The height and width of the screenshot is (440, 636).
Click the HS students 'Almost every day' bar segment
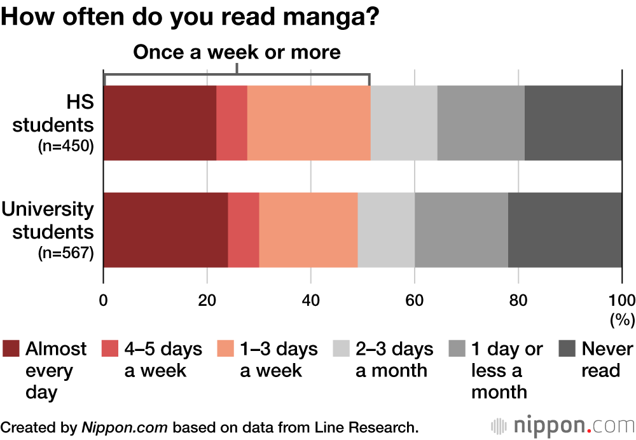(x=160, y=123)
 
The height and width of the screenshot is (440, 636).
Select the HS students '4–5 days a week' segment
(x=232, y=123)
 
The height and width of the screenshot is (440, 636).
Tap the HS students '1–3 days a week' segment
(x=308, y=123)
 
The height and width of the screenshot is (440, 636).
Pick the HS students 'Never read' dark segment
(x=573, y=123)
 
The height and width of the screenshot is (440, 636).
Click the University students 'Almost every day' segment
(x=165, y=230)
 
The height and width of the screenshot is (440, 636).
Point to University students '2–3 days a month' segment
(x=386, y=230)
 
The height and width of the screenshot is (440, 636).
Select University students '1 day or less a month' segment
(x=461, y=230)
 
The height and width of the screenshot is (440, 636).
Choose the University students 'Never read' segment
(x=565, y=230)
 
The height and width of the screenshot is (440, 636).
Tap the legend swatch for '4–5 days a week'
(x=110, y=349)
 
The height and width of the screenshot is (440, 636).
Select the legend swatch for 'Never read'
(x=567, y=349)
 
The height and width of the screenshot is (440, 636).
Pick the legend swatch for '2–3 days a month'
(x=342, y=349)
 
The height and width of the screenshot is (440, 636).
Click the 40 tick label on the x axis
(x=310, y=301)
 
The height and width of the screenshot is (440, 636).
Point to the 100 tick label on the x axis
(x=621, y=301)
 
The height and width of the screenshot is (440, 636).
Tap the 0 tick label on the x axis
(x=103, y=301)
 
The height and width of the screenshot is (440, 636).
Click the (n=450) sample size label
(x=66, y=146)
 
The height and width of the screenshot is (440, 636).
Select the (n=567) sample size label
(x=66, y=253)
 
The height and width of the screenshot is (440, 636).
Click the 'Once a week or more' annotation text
(x=237, y=52)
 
